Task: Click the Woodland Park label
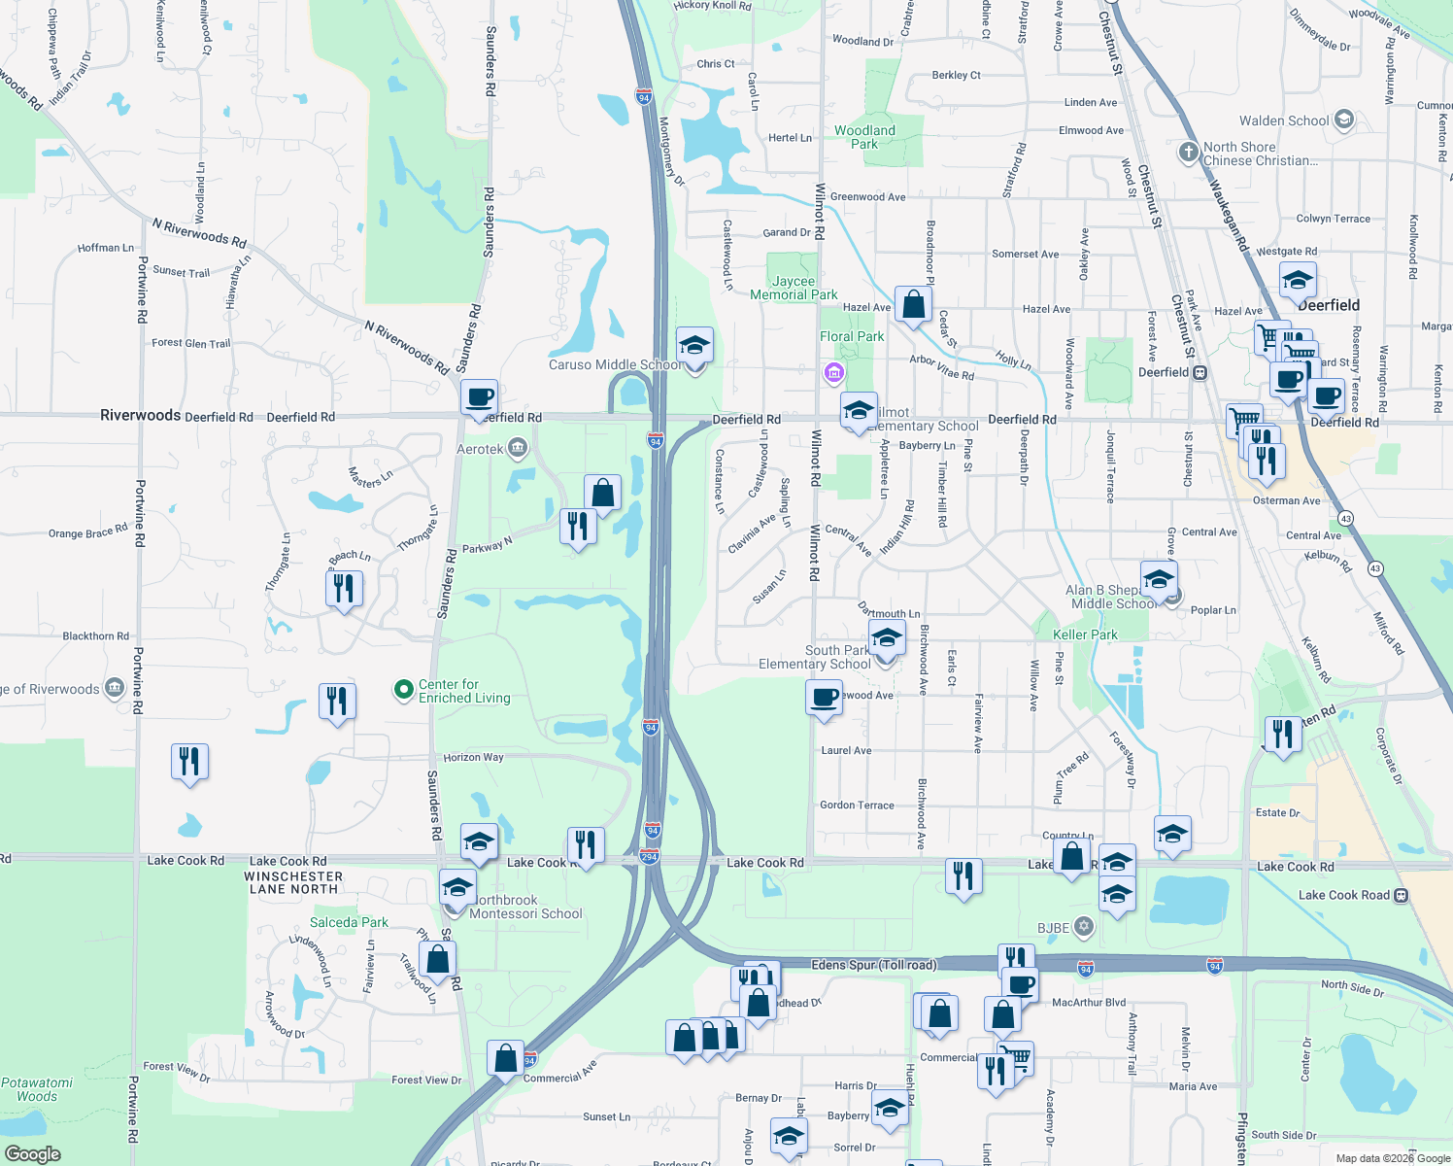864,137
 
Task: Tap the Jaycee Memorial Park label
794,288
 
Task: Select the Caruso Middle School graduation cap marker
694,345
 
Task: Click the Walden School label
1283,120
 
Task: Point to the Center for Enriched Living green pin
403,690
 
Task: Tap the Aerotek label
480,449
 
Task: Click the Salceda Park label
349,922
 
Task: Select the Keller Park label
1085,634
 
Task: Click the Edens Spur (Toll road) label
873,965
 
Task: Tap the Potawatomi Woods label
37,1089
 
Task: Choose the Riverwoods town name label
140,415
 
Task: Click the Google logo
32,1154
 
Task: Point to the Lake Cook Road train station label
1343,895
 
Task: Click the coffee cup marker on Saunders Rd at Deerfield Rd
479,397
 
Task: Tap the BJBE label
1053,928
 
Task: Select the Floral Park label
852,336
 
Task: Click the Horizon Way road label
473,757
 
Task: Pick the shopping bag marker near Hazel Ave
913,305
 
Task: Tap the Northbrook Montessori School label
525,907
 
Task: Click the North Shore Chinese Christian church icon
1188,153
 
